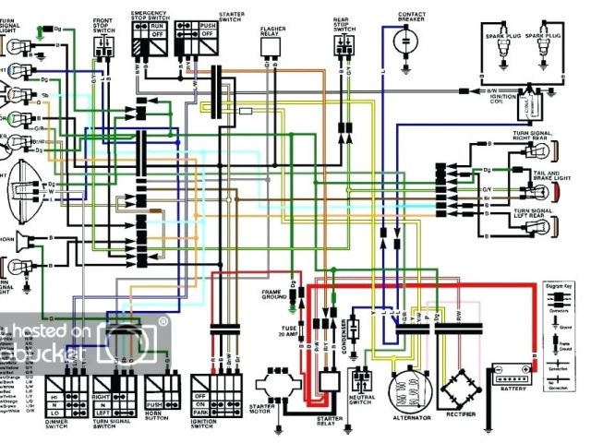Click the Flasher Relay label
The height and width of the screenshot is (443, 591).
pos(272,32)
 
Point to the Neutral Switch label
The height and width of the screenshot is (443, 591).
pos(361,408)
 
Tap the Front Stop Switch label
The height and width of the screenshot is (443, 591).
pos(105,22)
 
